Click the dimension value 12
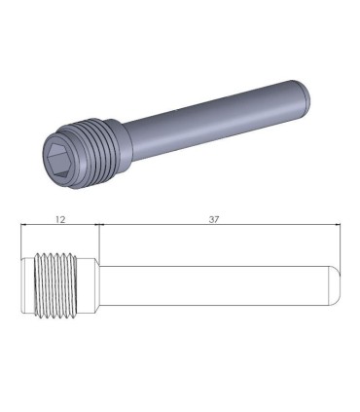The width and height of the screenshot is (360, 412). coord(60,220)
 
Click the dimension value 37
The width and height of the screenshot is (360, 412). coord(213,220)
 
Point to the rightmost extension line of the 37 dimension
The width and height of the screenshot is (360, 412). coord(340,243)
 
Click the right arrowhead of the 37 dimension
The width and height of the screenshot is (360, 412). coord(336,226)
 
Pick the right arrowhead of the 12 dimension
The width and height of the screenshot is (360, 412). coord(95,226)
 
